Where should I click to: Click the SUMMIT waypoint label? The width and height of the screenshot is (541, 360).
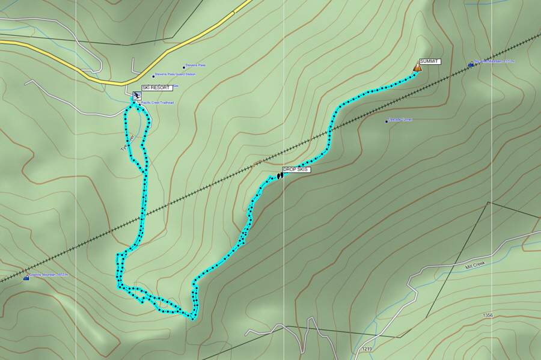click(x=430, y=61)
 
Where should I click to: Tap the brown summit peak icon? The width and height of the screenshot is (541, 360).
click(x=417, y=68)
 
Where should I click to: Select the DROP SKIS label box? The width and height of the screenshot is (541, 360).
click(x=296, y=170)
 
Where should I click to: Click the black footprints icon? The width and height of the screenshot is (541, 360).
click(x=280, y=175)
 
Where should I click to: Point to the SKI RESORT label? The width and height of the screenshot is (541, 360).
click(x=156, y=88)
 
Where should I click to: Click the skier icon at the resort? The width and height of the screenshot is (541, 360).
click(x=137, y=96)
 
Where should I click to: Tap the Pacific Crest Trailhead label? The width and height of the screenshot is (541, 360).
click(x=157, y=103)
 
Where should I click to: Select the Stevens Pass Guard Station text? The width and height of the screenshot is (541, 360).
click(x=176, y=75)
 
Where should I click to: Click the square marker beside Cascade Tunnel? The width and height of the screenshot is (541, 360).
click(x=387, y=121)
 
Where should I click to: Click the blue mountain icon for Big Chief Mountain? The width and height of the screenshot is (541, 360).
click(x=471, y=64)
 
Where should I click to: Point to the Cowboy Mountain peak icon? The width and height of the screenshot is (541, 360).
click(x=26, y=278)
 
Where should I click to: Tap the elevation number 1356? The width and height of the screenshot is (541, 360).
click(x=488, y=315)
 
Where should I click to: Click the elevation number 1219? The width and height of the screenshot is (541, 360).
click(x=367, y=349)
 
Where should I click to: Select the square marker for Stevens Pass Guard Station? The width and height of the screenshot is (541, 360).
click(x=153, y=76)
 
